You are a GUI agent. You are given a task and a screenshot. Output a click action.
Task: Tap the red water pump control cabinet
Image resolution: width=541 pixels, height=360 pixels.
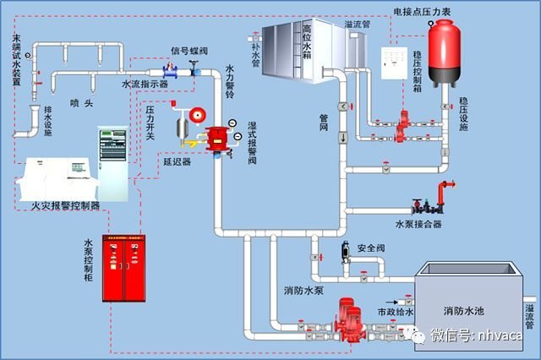click(123, 267)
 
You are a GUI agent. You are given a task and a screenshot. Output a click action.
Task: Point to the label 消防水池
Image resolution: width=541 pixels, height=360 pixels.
click(466, 308)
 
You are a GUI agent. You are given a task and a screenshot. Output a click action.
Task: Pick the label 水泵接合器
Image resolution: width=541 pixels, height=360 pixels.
click(418, 224)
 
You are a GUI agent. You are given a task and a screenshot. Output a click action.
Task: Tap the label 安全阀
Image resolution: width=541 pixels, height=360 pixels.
click(372, 248)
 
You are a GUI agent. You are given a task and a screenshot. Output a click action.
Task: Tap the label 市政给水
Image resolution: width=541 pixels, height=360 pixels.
click(395, 313)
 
